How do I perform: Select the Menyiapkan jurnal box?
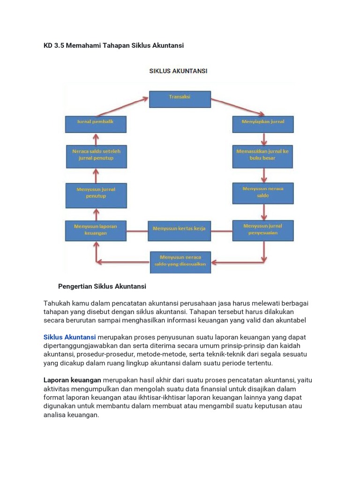pos(263,124)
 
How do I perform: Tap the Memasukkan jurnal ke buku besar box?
pos(263,156)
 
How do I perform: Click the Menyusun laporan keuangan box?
pos(96,230)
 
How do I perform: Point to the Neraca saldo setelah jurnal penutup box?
pos(96,156)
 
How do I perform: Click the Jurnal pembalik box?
pos(96,123)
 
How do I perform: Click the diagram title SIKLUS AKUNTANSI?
pos(178,71)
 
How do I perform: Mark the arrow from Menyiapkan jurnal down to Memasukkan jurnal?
pos(264,138)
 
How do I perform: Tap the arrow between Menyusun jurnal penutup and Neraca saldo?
pos(96,175)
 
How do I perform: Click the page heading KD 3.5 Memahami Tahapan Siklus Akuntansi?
pos(113,45)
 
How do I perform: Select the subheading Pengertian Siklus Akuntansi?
pos(102,286)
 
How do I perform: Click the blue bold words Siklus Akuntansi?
pos(70,337)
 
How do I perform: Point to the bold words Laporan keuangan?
pos(72,380)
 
